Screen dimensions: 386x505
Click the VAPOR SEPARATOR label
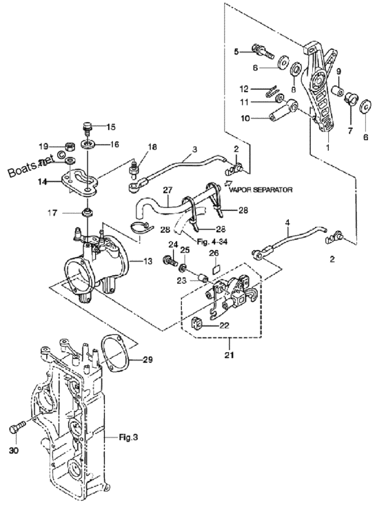tap(261, 189)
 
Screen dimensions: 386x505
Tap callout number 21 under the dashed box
tap(229, 355)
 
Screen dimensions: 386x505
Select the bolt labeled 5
tap(263, 52)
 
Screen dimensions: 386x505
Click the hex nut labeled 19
tap(70, 147)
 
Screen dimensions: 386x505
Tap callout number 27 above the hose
tap(167, 189)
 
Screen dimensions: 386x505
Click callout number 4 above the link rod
tap(287, 222)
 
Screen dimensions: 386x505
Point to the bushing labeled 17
tap(88, 213)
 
